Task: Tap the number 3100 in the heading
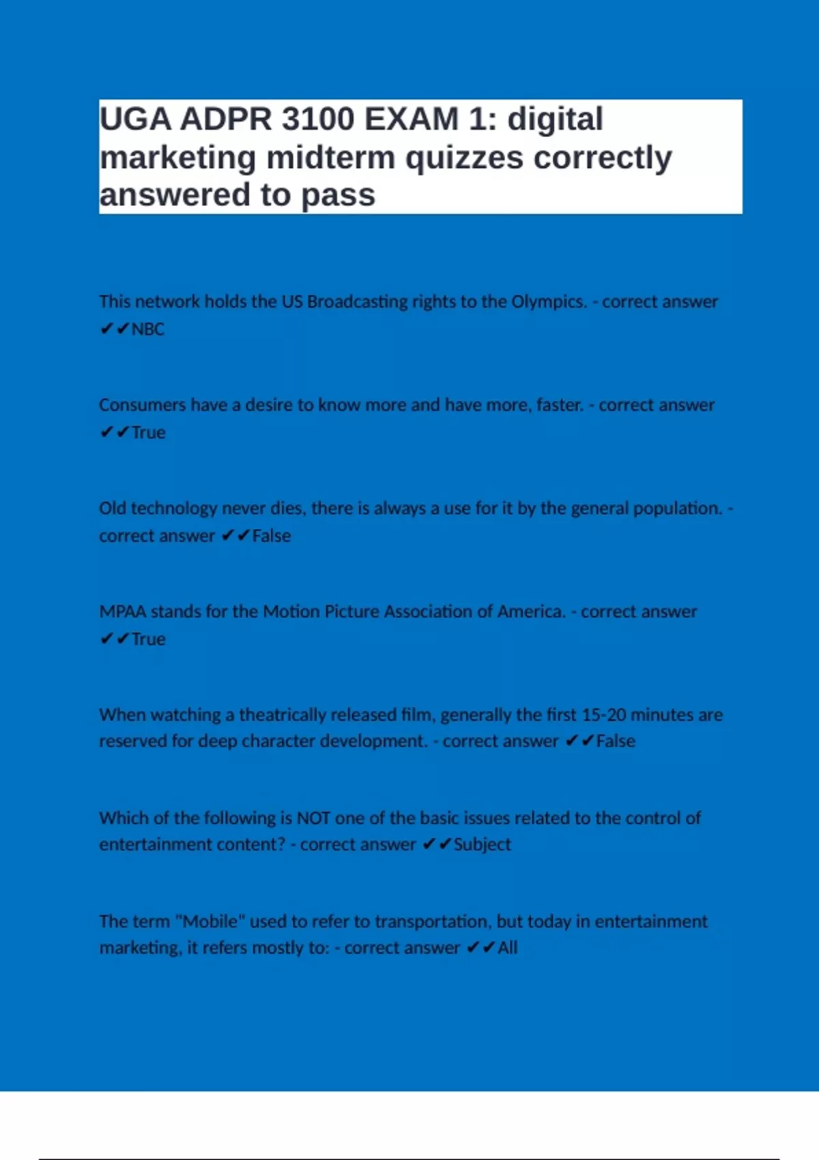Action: [x=318, y=119]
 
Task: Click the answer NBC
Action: [x=147, y=329]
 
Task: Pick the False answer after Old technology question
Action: [x=272, y=536]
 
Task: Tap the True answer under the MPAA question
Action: [x=148, y=639]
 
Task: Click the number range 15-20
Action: [x=603, y=714]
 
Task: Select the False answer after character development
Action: [x=616, y=741]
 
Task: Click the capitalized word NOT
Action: [x=313, y=817]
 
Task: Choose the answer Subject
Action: [x=482, y=845]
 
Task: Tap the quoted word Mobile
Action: [x=210, y=921]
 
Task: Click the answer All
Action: [x=507, y=948]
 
